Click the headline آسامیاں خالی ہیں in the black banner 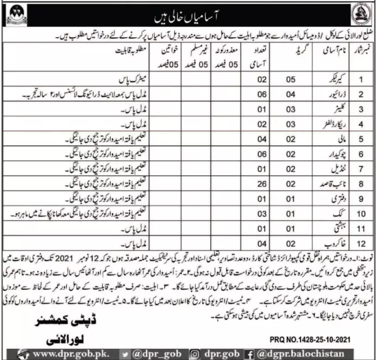pyautogui.click(x=188, y=19)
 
